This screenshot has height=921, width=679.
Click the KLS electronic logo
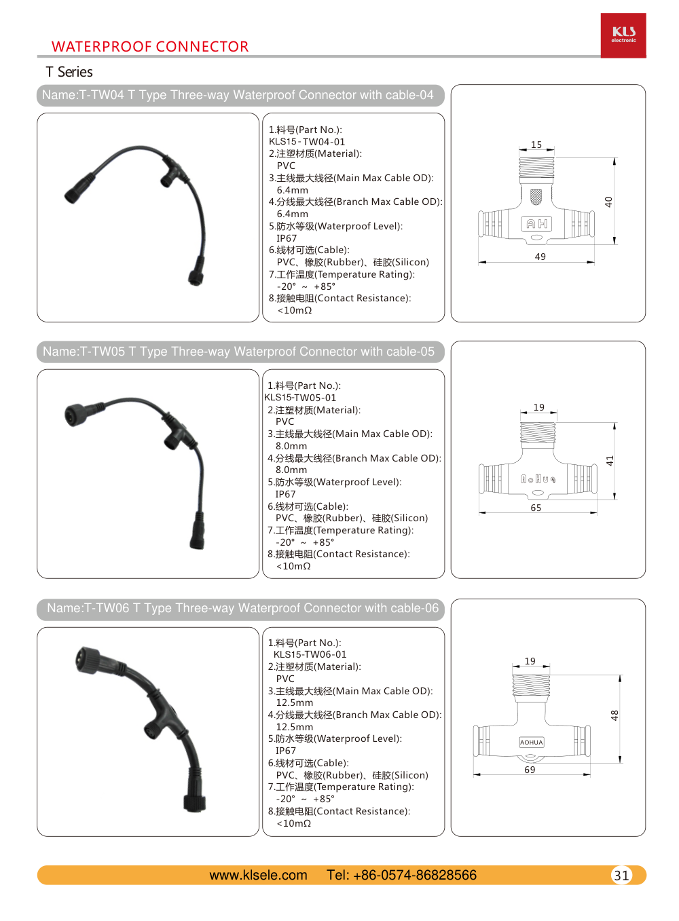tap(623, 35)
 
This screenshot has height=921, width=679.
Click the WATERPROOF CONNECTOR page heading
tap(150, 47)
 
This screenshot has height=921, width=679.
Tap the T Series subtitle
tap(69, 72)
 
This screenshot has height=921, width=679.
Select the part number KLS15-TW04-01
tap(307, 142)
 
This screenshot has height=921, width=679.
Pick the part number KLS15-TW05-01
tap(300, 398)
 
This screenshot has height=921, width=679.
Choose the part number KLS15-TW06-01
tap(310, 654)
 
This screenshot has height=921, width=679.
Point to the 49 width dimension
tap(540, 257)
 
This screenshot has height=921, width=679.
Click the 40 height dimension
tap(608, 202)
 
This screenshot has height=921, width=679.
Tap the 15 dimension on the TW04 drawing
tap(536, 145)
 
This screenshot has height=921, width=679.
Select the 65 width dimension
tap(536, 508)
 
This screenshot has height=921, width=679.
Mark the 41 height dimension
tap(610, 461)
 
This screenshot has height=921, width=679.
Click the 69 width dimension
tap(530, 770)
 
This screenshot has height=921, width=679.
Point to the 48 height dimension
tap(614, 715)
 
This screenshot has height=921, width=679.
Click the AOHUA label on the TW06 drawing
tap(532, 743)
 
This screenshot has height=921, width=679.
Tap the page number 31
tap(621, 876)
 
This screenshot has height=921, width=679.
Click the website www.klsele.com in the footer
tap(258, 876)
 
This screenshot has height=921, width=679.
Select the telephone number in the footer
tap(402, 876)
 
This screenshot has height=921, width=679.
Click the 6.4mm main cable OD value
tap(293, 190)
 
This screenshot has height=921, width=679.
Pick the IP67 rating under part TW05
tap(285, 494)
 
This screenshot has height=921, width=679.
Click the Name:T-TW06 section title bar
tap(241, 609)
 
